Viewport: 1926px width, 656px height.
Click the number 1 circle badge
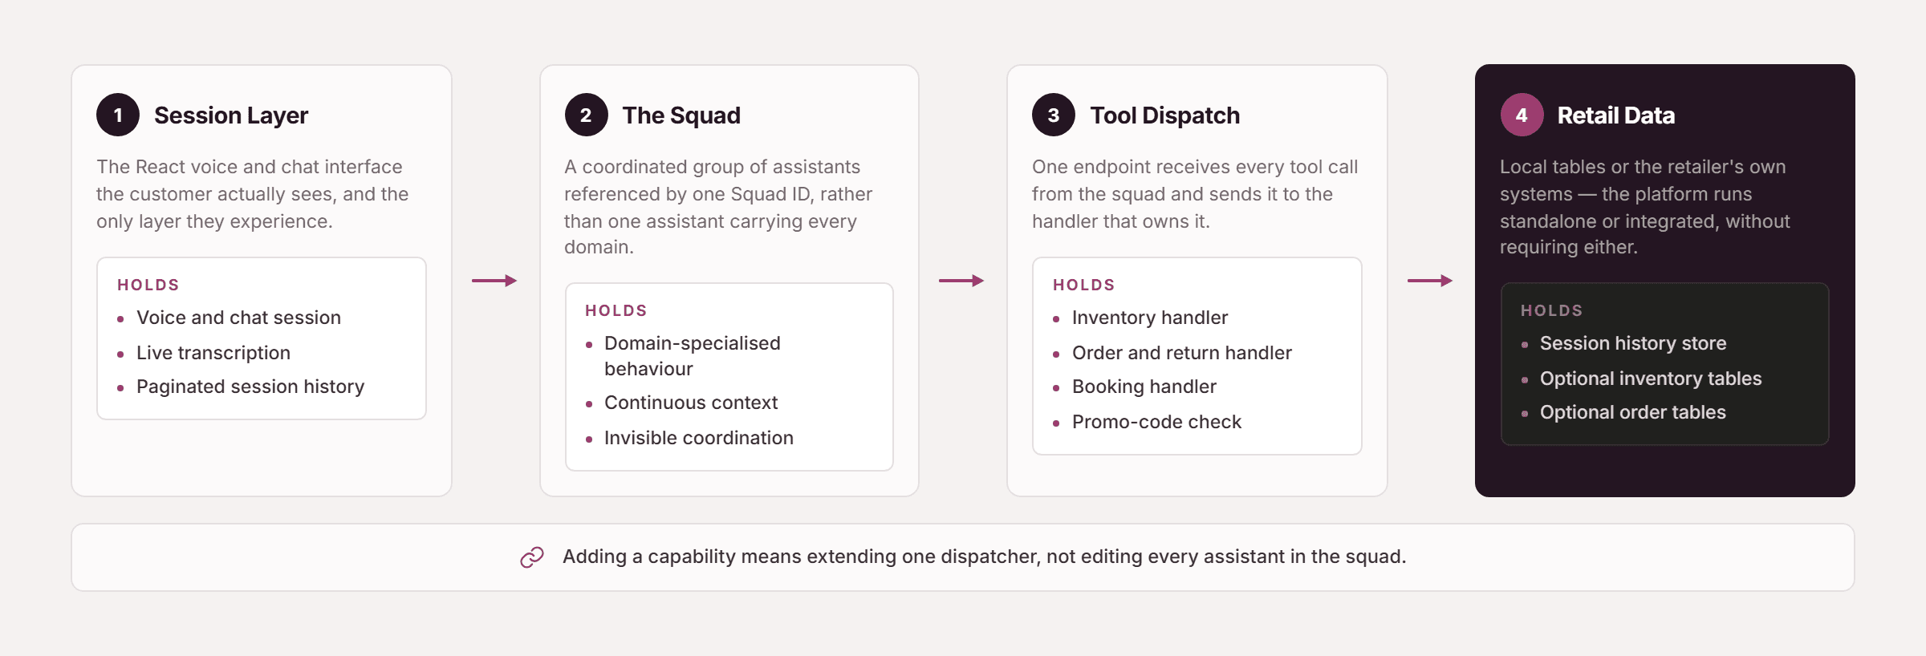coord(118,115)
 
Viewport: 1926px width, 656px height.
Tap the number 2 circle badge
coord(586,115)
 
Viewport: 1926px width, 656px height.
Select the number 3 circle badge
coord(1054,115)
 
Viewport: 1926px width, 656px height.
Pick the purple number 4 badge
coord(1522,115)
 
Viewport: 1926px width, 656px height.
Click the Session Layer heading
coord(231,115)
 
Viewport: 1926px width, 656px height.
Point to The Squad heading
coord(681,115)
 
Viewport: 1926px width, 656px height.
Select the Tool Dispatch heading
coord(1164,115)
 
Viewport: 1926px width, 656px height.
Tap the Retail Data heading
coord(1616,115)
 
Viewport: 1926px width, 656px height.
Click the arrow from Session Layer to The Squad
coord(494,281)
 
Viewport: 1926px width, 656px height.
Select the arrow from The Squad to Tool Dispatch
coord(961,281)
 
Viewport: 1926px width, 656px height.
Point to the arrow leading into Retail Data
coord(1430,281)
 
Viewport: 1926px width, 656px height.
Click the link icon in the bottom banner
coord(532,557)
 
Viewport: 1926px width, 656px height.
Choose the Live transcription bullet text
coord(213,353)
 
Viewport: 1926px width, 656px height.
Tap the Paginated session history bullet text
coord(250,387)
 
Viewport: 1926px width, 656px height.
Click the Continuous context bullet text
coord(691,403)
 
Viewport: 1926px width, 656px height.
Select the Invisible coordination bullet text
coord(699,438)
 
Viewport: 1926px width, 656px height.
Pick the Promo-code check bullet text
coord(1156,422)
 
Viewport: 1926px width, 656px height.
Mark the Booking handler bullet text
coord(1144,387)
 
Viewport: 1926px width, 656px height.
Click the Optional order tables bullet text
coord(1633,412)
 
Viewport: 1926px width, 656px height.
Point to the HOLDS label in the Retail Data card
coord(1552,310)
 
